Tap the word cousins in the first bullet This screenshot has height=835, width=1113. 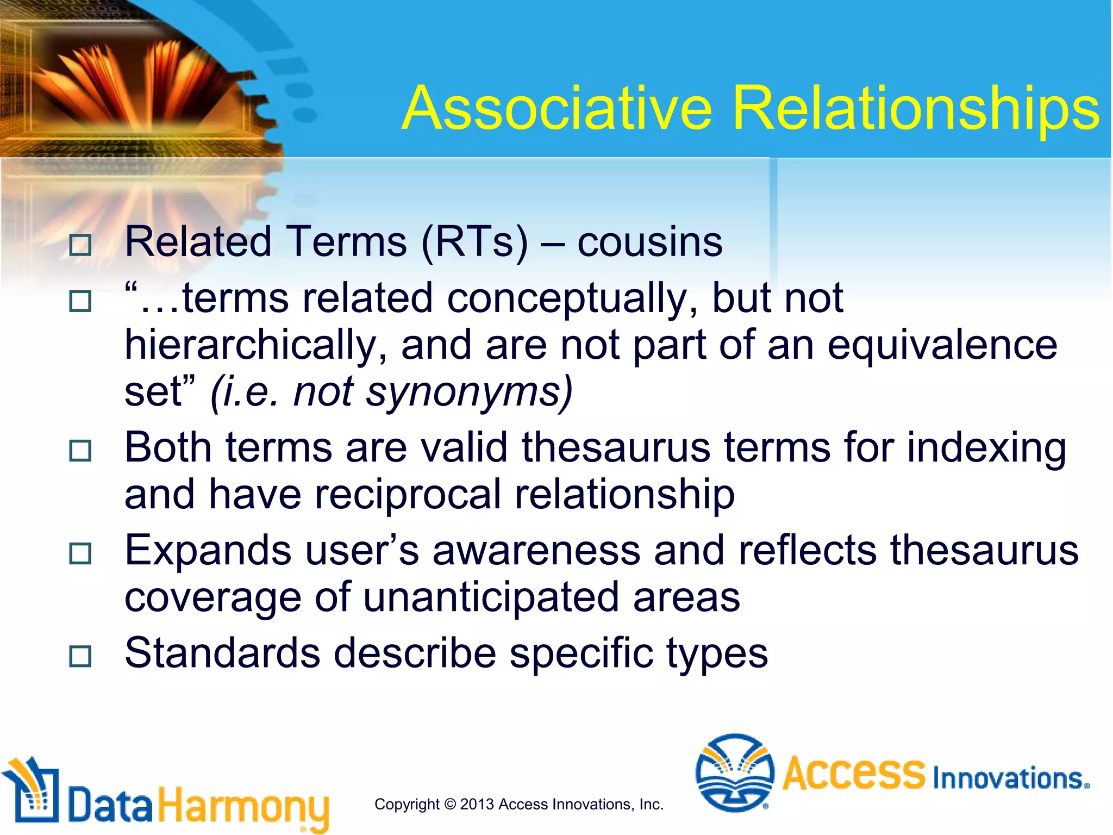point(649,242)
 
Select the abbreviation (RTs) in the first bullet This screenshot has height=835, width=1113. point(474,242)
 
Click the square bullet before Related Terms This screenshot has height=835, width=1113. point(80,245)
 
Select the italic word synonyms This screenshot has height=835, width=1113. point(468,392)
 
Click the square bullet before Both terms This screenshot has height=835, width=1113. point(80,451)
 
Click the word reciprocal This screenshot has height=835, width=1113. point(408,495)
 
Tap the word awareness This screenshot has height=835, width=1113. point(536,551)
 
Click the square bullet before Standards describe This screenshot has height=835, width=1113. point(80,656)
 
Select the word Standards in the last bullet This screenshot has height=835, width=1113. point(222,653)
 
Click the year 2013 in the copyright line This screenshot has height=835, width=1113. point(477,804)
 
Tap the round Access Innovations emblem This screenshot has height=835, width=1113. point(735,772)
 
